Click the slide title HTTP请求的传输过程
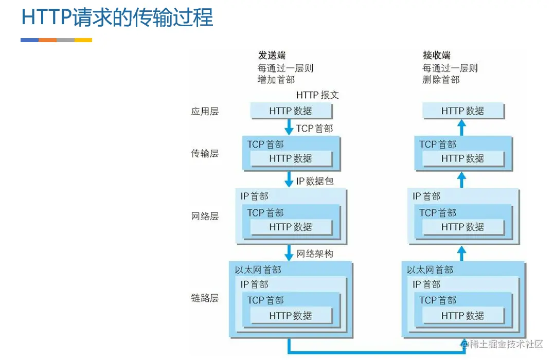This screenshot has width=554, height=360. (117, 17)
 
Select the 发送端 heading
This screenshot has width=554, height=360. (272, 56)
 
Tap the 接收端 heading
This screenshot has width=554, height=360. (437, 56)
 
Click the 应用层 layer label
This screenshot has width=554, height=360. (205, 111)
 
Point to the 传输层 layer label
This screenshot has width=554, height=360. (205, 153)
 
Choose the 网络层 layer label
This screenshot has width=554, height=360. (205, 217)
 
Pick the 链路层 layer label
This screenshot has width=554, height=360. (205, 298)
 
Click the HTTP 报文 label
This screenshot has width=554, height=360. (317, 95)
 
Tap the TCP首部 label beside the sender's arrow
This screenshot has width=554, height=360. (314, 128)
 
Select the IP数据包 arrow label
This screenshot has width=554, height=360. (315, 181)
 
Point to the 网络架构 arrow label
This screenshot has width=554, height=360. (315, 254)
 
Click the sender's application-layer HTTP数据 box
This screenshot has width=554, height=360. (291, 111)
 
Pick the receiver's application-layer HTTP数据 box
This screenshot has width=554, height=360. (463, 111)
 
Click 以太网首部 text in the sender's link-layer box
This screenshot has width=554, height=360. (258, 270)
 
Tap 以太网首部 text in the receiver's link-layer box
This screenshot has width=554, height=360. (430, 270)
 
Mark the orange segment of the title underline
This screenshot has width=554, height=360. (47, 40)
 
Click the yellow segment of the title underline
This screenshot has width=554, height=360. (83, 40)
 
